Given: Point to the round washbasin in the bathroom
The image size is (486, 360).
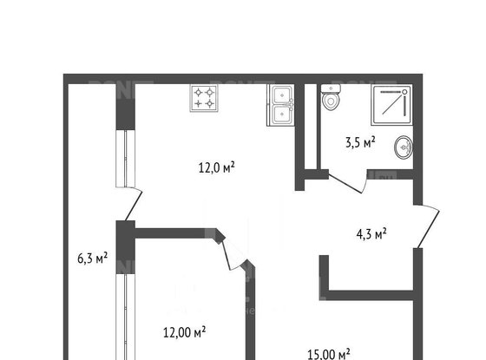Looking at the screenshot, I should (404, 146).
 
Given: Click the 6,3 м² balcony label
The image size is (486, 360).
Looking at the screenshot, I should (92, 257).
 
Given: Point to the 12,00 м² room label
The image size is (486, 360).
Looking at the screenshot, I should (185, 331).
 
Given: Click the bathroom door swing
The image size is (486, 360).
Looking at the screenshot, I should (347, 186).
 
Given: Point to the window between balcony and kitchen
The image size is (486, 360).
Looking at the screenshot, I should (126, 156).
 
